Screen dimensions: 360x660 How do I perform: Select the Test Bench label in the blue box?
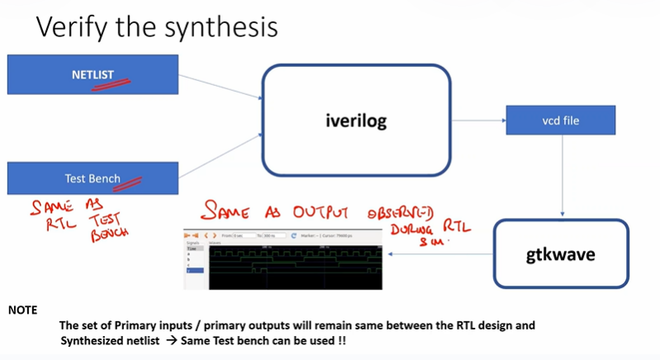pyautogui.click(x=93, y=178)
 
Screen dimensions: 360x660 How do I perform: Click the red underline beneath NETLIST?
pyautogui.click(x=113, y=83)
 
